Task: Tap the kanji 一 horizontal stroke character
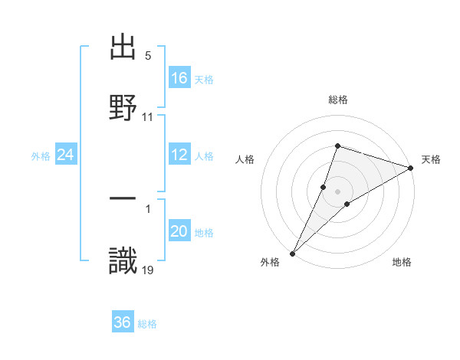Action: tap(123, 198)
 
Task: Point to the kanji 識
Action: tap(123, 260)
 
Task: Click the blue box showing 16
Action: tap(179, 78)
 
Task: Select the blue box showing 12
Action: tap(179, 155)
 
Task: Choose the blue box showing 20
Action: tap(179, 231)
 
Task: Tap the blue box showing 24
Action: tap(65, 155)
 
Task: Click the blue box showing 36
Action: tap(123, 322)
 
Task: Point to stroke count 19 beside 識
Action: tap(149, 269)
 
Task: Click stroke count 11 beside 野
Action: tap(149, 116)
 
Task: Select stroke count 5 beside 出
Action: tap(148, 56)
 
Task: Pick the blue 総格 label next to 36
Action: tap(147, 323)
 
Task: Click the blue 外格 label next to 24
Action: tap(41, 155)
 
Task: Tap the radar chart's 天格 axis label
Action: tap(431, 159)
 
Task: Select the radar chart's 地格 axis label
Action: tap(402, 262)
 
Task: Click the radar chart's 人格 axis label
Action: tap(245, 159)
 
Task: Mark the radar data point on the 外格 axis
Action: tap(293, 253)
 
